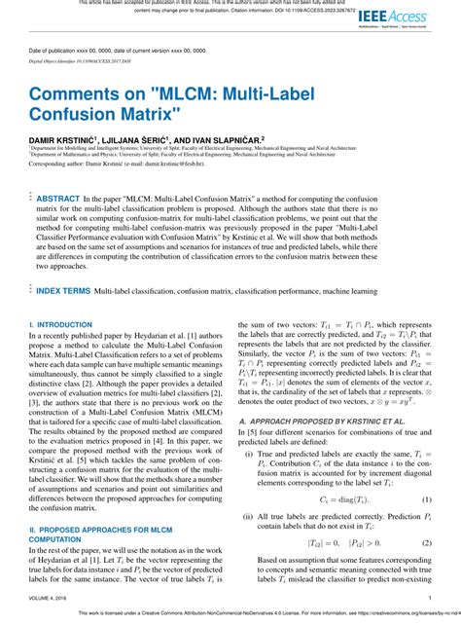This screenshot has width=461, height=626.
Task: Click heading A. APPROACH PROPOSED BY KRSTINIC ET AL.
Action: pyautogui.click(x=304, y=421)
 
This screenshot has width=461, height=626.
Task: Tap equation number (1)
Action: pyautogui.click(x=426, y=499)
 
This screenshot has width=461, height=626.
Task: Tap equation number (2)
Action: pyautogui.click(x=426, y=542)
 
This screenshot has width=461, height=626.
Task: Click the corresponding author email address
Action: pyautogui.click(x=151, y=165)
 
